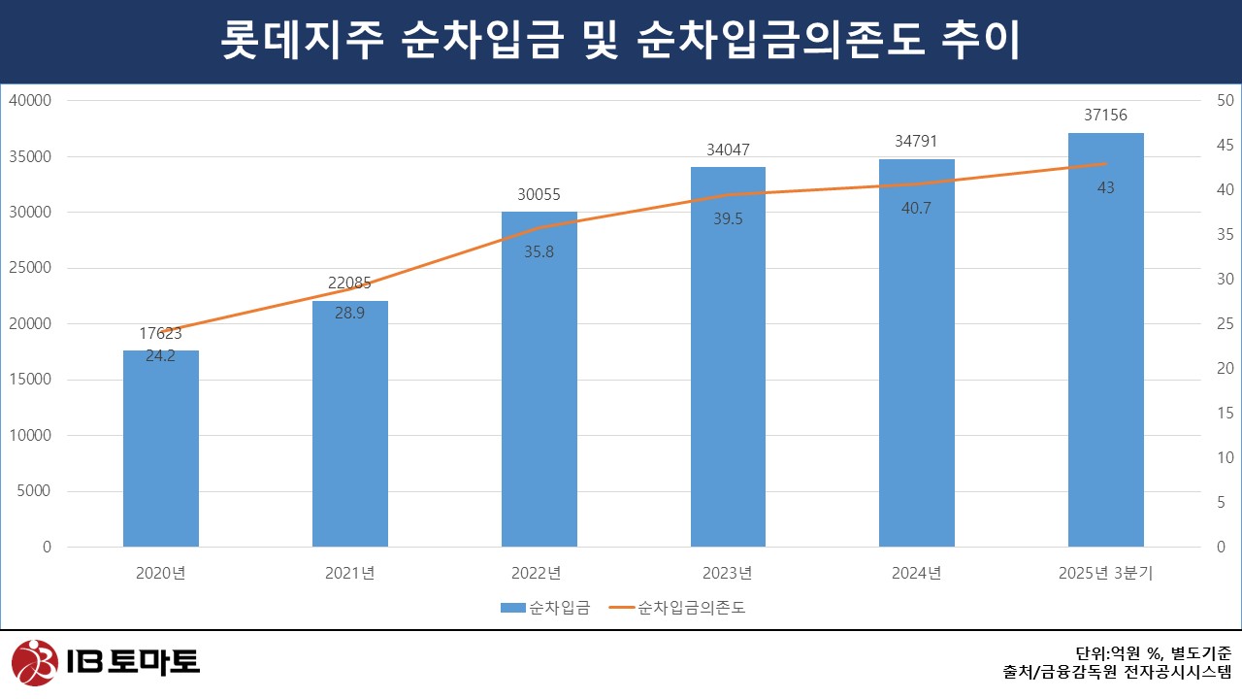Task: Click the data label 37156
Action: coord(1105,116)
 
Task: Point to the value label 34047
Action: coord(728,150)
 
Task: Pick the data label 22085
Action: coord(350,283)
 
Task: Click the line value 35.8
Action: coord(539,250)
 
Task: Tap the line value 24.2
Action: coord(161,355)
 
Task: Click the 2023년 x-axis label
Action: coord(728,573)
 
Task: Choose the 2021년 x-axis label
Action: coord(350,573)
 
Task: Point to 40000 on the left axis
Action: coord(32,100)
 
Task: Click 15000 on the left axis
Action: coord(32,380)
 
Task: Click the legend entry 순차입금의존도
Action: coord(692,608)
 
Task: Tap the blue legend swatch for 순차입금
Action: coord(511,608)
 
